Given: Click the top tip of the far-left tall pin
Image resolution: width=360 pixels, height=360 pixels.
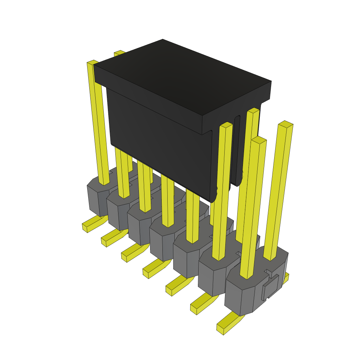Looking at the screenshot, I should [92, 63].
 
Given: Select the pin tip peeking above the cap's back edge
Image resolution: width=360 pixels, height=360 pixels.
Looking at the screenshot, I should [120, 53].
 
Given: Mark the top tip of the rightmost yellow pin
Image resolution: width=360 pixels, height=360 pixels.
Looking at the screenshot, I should [285, 124].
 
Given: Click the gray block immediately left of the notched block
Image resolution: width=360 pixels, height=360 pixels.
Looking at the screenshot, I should [213, 278].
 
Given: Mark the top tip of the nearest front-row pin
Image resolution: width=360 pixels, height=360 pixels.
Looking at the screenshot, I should [259, 140].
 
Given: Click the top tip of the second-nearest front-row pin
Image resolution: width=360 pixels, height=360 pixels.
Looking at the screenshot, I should [226, 125].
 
